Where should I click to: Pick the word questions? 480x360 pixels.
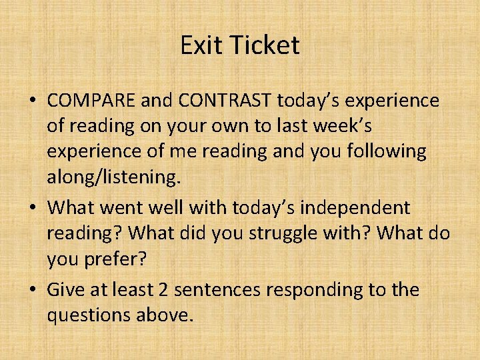(88, 315)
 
